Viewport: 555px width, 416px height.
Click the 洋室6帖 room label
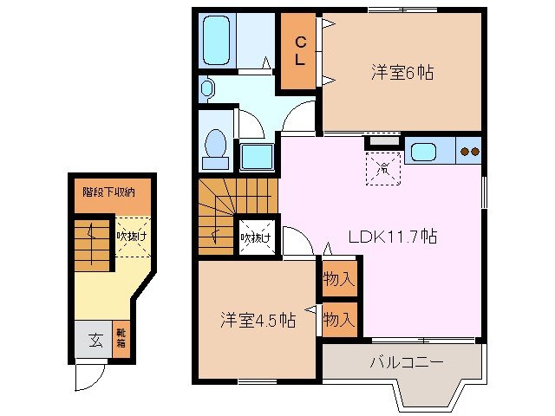[402, 74]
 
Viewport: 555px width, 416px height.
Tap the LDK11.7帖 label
[393, 237]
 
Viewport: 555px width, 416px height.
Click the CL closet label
[298, 52]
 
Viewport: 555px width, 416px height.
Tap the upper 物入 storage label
[339, 279]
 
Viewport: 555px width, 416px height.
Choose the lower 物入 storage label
[339, 320]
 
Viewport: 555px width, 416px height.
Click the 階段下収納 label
[108, 192]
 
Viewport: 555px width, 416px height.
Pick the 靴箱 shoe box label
[121, 340]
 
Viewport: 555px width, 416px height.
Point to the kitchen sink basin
[424, 152]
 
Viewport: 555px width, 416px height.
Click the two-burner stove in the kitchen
[469, 152]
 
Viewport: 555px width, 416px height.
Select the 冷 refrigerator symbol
[381, 166]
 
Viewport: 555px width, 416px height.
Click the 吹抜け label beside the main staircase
[256, 237]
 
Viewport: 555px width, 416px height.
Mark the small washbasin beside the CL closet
[206, 87]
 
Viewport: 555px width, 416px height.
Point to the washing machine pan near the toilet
[256, 156]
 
